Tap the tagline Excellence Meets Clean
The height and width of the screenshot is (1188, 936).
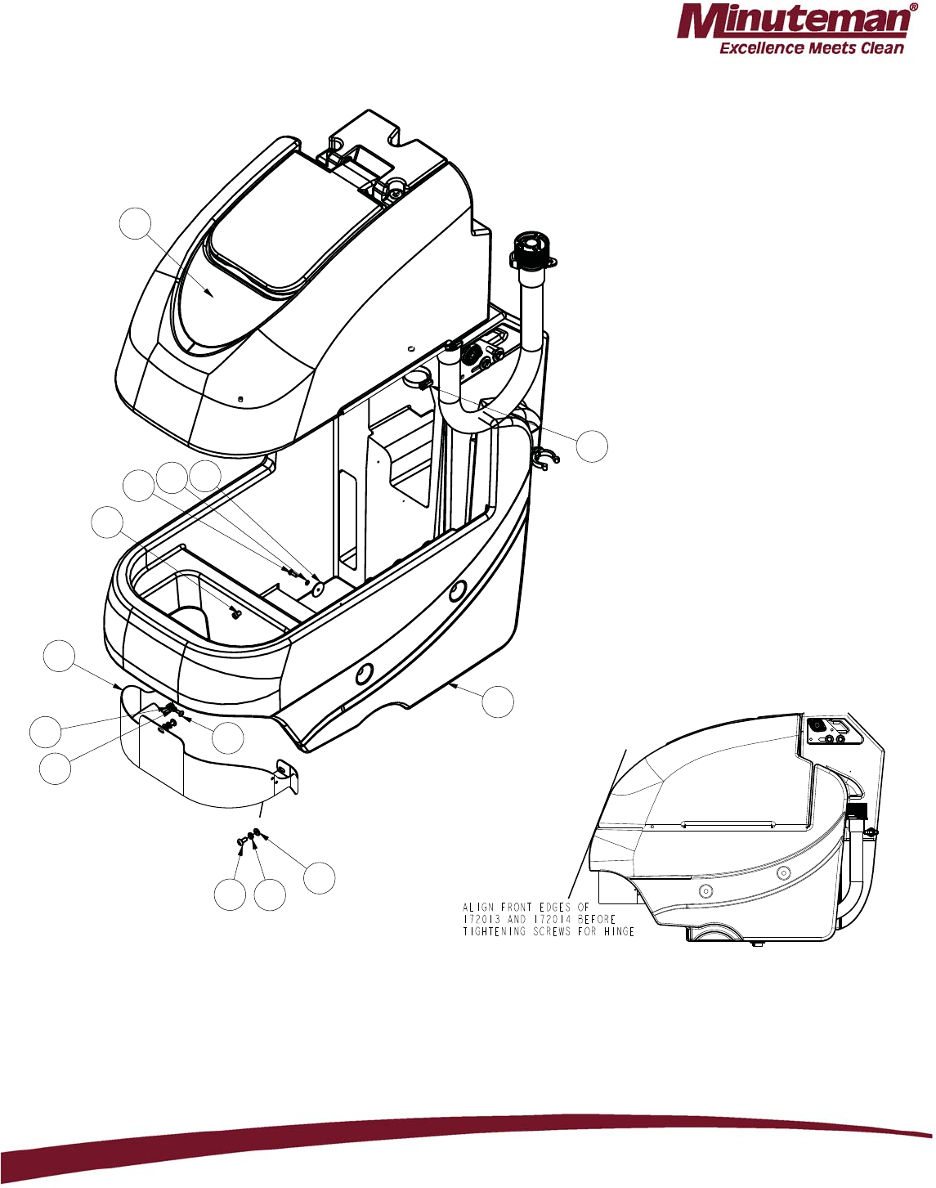811,48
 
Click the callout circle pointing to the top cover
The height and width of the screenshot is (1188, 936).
136,223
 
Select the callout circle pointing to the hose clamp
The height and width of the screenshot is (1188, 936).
592,446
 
